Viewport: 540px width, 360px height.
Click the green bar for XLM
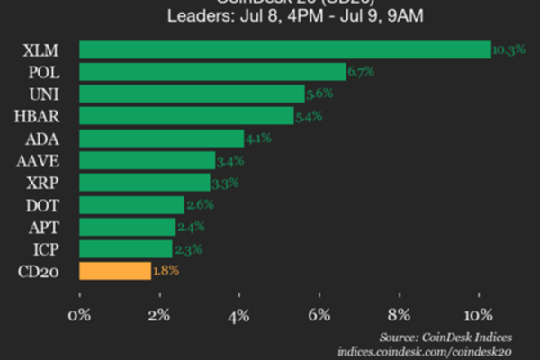[285, 49]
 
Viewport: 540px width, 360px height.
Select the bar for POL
[212, 71]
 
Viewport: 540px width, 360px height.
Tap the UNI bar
[192, 94]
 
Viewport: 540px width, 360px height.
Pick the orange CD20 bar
[115, 270]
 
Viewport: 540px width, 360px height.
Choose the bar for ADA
[162, 138]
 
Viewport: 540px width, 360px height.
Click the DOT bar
[131, 204]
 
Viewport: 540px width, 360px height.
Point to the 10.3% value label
[509, 50]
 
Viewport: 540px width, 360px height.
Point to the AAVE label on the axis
[38, 160]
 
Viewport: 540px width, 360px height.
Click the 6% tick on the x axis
[319, 315]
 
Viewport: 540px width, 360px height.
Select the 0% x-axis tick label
[80, 315]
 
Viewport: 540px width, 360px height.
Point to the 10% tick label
[479, 315]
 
